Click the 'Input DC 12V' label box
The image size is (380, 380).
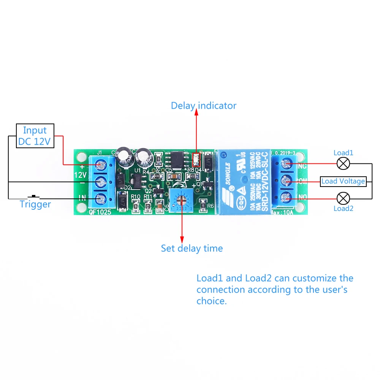pyautogui.click(x=35, y=136)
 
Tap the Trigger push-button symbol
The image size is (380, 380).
pyautogui.click(x=35, y=196)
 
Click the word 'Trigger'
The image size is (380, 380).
pyautogui.click(x=35, y=204)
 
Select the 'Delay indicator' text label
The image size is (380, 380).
pyautogui.click(x=203, y=106)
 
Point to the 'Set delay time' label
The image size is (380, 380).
pyautogui.click(x=192, y=249)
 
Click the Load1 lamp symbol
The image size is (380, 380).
pyautogui.click(x=344, y=164)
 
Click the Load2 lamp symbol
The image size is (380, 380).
pyautogui.click(x=344, y=198)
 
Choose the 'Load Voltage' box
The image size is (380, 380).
pyautogui.click(x=343, y=181)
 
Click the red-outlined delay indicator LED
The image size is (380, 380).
pyautogui.click(x=196, y=159)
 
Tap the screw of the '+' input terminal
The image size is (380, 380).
pyautogui.click(x=101, y=165)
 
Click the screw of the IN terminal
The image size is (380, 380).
pyautogui.click(x=101, y=198)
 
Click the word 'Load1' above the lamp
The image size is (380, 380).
pyautogui.click(x=344, y=153)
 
